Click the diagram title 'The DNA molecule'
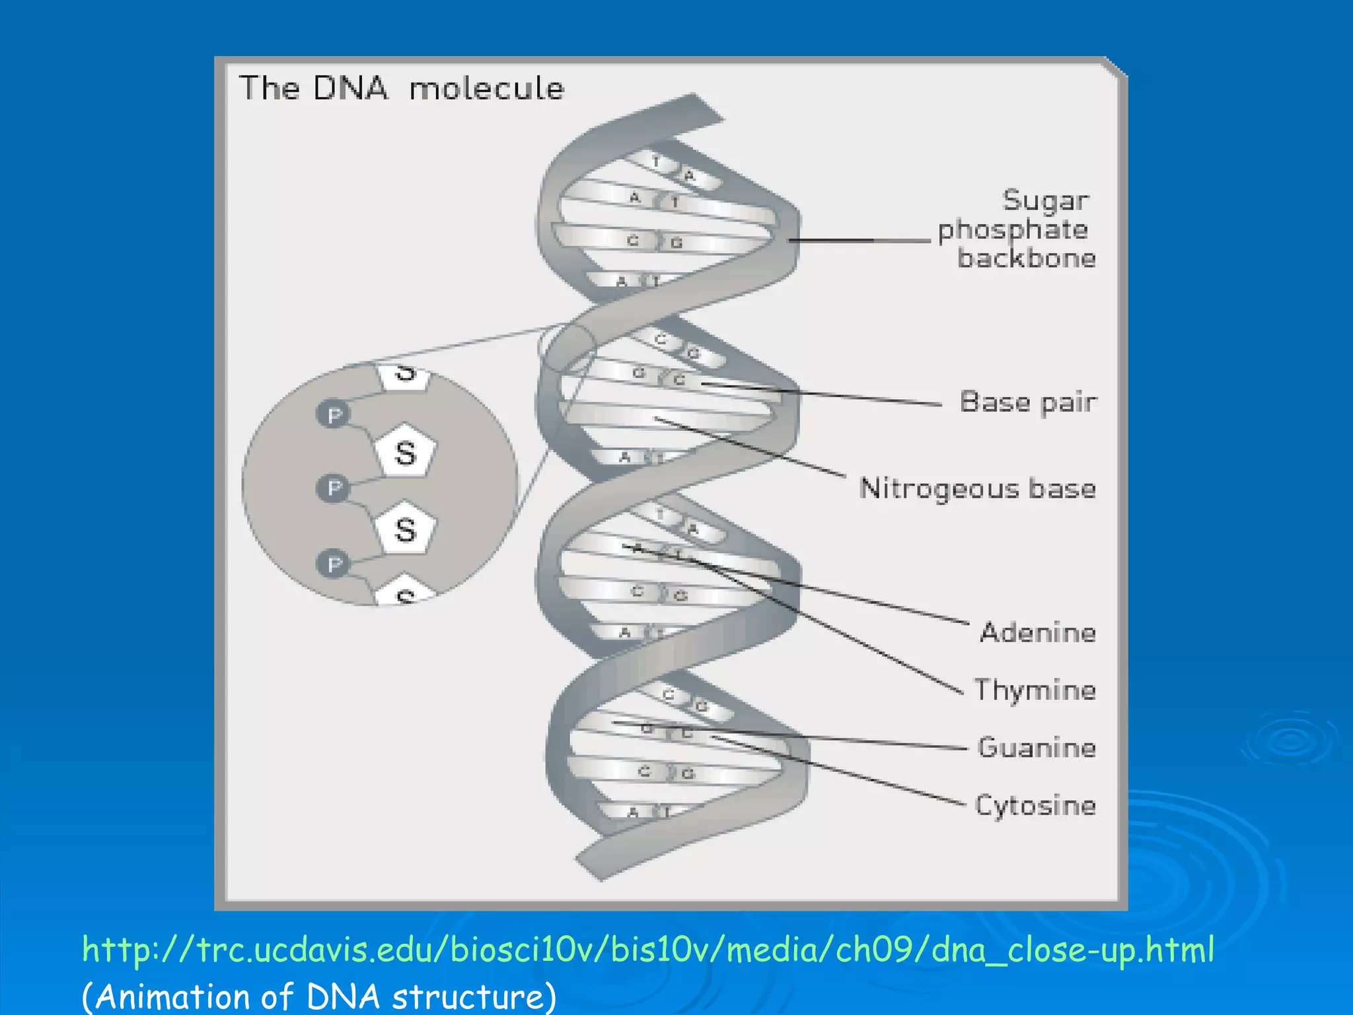pyautogui.click(x=401, y=88)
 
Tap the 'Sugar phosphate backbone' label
pyautogui.click(x=1017, y=229)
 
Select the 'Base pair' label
pyautogui.click(x=1028, y=402)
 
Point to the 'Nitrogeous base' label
pyautogui.click(x=977, y=488)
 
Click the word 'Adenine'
pyautogui.click(x=1038, y=632)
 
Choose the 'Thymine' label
pyautogui.click(x=1035, y=690)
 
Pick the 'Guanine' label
pyautogui.click(x=1037, y=747)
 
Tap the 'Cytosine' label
pyautogui.click(x=1035, y=805)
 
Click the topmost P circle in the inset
pyautogui.click(x=334, y=414)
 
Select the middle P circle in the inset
pyautogui.click(x=334, y=488)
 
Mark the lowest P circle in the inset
pyautogui.click(x=334, y=564)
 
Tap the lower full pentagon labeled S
pyautogui.click(x=406, y=529)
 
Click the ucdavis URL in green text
pyautogui.click(x=647, y=950)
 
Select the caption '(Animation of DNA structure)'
pyautogui.click(x=319, y=996)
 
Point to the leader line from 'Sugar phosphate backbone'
pyautogui.click(x=859, y=241)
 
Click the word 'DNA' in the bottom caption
pyautogui.click(x=343, y=996)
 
